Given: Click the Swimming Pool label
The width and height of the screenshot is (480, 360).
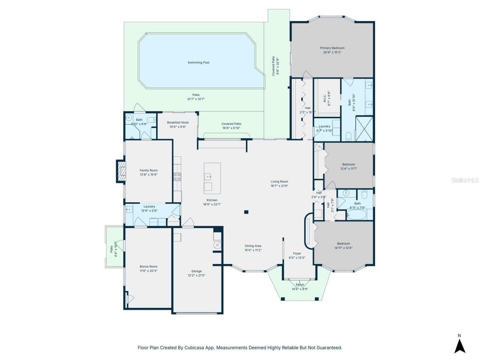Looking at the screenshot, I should [x=198, y=63].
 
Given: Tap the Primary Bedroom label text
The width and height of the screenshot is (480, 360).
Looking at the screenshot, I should [x=332, y=48].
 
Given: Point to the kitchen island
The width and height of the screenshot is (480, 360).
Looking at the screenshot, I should [x=212, y=177].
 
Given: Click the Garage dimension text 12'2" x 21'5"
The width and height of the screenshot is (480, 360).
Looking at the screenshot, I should [x=196, y=275].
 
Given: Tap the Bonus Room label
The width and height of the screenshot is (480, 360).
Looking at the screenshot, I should [x=148, y=267].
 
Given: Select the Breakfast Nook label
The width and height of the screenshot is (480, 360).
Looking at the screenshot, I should [x=178, y=123].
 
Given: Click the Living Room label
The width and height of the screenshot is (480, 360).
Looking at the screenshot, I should [x=279, y=181].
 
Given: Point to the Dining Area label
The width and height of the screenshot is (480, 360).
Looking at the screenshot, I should [x=253, y=246].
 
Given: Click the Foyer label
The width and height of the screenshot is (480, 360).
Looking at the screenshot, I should [x=297, y=253].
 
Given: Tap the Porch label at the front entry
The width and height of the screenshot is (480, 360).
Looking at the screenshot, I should [x=300, y=285].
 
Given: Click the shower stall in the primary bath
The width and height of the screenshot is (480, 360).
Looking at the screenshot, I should [x=364, y=129].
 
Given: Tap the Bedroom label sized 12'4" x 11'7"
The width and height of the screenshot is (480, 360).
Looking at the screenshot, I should [x=348, y=164].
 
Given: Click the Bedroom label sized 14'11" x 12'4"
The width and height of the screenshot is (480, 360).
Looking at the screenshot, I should [x=343, y=243].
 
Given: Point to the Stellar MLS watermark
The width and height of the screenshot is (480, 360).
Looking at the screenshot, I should [x=465, y=180].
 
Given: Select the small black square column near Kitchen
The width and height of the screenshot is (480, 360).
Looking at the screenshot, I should [x=246, y=212].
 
